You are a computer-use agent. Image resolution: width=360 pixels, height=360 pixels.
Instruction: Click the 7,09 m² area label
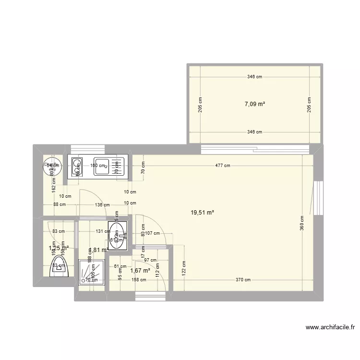click(x=255, y=104)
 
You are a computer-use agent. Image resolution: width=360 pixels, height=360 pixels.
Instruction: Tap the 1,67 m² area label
click(x=140, y=270)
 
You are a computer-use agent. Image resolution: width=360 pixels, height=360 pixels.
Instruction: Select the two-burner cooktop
click(x=76, y=166)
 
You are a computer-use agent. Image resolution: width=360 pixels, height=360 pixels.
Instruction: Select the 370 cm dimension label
click(x=242, y=280)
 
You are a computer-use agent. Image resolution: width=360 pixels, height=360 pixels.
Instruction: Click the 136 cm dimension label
click(x=101, y=205)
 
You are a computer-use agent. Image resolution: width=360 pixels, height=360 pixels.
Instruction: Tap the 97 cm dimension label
click(x=151, y=260)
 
